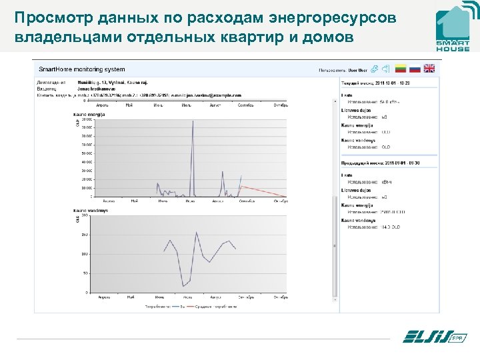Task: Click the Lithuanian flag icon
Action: (401, 69)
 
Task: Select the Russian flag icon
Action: (415, 69)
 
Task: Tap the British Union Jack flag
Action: (429, 69)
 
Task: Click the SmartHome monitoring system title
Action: (82, 69)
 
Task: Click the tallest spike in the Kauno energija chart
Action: (193, 121)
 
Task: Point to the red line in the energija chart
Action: (263, 193)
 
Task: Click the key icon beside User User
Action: (375, 69)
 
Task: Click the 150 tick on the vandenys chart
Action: (85, 235)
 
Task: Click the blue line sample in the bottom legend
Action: (174, 307)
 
